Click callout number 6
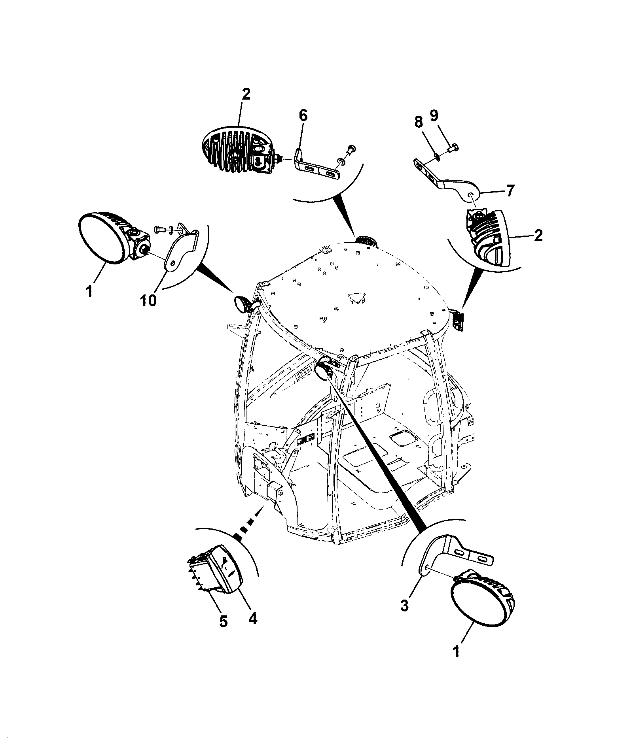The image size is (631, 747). pos(303,116)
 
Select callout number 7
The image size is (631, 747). pos(511,191)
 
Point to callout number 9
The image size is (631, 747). pos(434,116)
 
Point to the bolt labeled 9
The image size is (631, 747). pos(453,149)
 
